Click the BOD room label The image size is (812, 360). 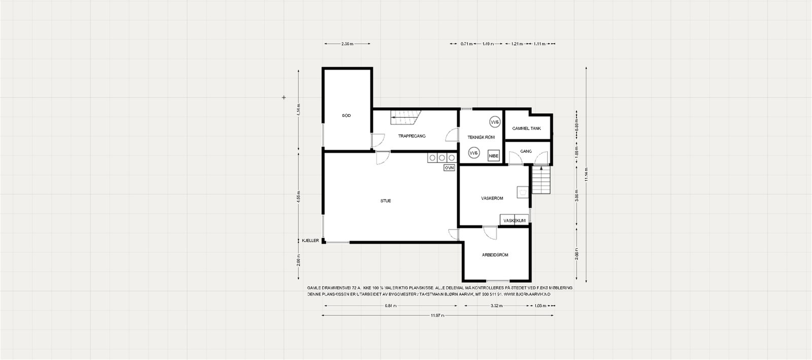(x=347, y=116)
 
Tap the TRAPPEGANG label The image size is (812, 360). (x=412, y=136)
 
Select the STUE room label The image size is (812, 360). (x=386, y=201)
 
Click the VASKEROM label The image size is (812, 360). (x=492, y=198)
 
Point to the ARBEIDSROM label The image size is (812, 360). (x=495, y=255)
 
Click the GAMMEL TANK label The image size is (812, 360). (x=526, y=128)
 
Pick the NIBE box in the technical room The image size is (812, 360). (x=493, y=156)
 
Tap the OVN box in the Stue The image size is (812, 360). (x=449, y=167)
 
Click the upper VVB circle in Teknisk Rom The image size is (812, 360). (x=494, y=122)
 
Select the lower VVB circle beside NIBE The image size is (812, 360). (x=473, y=153)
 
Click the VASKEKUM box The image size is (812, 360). (x=514, y=220)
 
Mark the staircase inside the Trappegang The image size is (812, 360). (x=405, y=119)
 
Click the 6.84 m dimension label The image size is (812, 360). (x=390, y=306)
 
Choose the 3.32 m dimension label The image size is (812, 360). (x=496, y=306)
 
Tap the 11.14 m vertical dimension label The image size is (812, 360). (x=587, y=174)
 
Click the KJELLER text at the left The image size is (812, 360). (x=310, y=241)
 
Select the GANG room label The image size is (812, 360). (x=526, y=151)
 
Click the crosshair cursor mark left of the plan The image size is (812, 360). (x=284, y=97)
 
